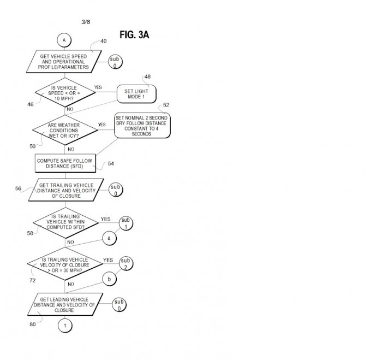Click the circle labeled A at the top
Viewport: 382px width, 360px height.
(x=64, y=40)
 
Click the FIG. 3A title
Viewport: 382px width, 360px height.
(x=134, y=34)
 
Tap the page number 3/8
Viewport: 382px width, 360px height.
(x=86, y=22)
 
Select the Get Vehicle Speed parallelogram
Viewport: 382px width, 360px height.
(x=64, y=62)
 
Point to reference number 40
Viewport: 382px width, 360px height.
(x=104, y=41)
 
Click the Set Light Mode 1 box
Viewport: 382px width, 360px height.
(x=136, y=94)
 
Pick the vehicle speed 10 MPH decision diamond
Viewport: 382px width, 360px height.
(x=65, y=92)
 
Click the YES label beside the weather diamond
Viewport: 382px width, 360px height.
(x=102, y=125)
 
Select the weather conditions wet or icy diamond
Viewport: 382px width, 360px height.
(x=65, y=130)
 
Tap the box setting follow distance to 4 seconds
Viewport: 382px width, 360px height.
(x=142, y=125)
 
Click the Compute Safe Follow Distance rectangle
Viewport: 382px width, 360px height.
(x=65, y=163)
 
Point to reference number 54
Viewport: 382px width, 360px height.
(x=111, y=163)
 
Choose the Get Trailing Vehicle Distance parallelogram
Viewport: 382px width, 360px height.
(x=66, y=190)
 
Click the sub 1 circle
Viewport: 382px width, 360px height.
(x=126, y=223)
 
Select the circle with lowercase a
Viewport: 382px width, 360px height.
(x=109, y=238)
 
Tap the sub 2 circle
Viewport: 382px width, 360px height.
(x=126, y=264)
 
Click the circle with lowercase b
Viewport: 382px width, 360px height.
(x=109, y=279)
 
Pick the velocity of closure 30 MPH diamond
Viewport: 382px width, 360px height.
(x=65, y=264)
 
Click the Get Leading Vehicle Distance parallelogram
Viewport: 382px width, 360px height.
(x=65, y=304)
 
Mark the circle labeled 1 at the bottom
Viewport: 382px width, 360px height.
(x=65, y=326)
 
